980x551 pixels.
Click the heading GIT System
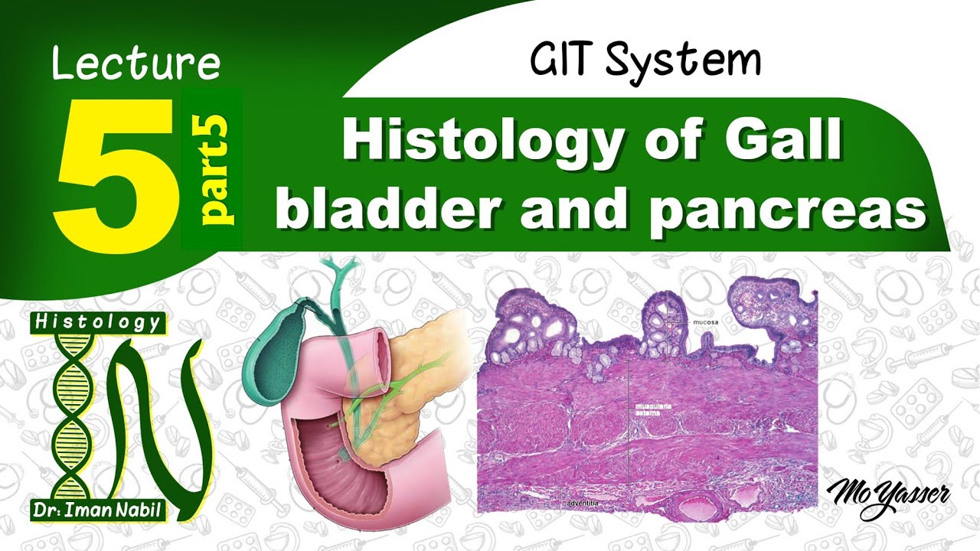[x=645, y=60]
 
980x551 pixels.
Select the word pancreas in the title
[x=788, y=211]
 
